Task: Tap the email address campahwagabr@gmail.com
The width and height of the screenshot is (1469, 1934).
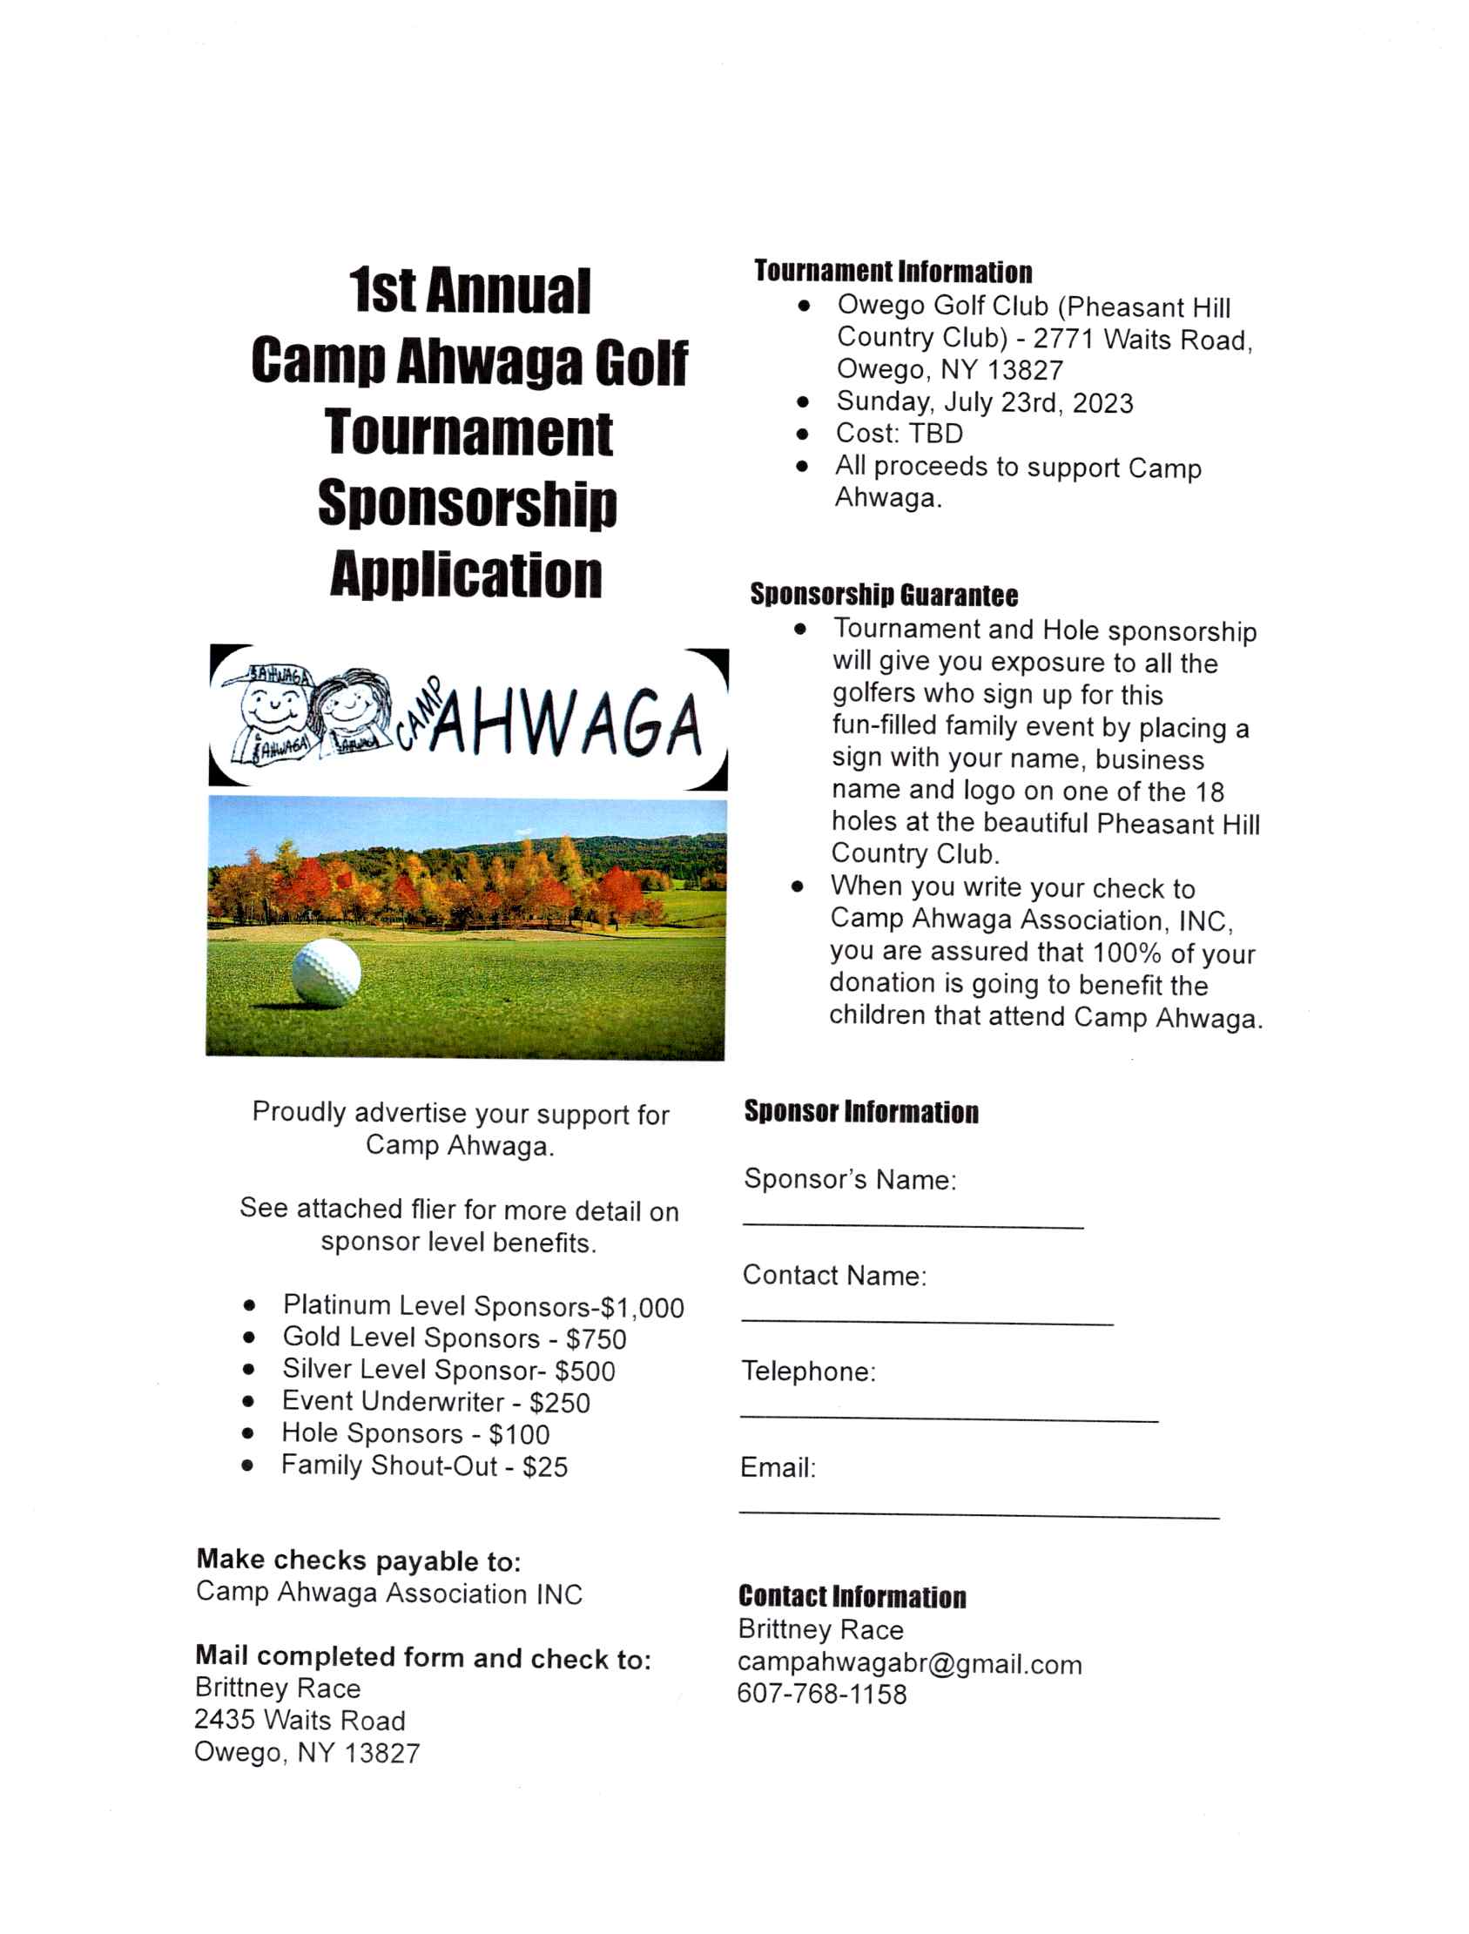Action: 909,1663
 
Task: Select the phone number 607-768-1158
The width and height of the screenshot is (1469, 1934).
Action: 821,1695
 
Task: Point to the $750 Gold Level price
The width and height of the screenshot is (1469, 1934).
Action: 596,1339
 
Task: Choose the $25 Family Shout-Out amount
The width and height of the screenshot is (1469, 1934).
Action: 545,1467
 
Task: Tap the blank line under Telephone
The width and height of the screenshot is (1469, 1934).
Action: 949,1420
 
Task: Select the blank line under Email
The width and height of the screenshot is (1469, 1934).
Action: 979,1516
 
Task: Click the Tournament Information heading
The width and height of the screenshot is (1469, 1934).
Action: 893,272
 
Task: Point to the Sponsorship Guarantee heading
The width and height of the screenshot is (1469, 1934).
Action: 884,596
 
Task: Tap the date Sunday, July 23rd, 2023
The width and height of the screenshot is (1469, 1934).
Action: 985,402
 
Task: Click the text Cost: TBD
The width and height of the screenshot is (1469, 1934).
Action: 899,434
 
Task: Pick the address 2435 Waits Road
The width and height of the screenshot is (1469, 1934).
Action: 300,1720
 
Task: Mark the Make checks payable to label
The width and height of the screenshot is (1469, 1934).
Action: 359,1560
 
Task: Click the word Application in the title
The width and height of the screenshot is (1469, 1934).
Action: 466,576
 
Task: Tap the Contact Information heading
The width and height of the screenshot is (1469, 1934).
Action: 852,1596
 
